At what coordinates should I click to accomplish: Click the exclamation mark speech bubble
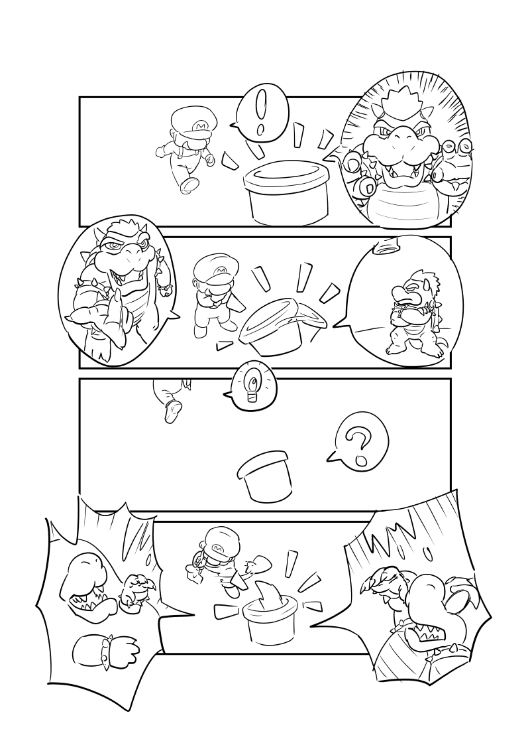tap(262, 115)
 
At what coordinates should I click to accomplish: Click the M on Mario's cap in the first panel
tap(201, 126)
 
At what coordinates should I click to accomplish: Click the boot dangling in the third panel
tap(173, 411)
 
